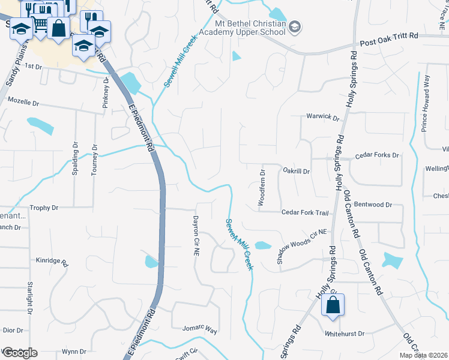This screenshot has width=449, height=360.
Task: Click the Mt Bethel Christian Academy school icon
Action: (295, 26)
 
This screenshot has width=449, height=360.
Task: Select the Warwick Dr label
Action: (323, 117)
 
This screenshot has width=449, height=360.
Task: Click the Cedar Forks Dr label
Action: (377, 155)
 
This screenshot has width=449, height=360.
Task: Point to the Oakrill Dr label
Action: (297, 171)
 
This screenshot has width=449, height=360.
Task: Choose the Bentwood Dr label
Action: (373, 205)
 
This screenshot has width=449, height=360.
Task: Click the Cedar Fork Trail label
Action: (306, 213)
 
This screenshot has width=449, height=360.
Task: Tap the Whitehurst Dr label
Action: (345, 333)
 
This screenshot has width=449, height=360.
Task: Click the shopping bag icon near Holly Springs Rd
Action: (332, 306)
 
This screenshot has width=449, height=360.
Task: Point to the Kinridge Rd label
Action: (52, 261)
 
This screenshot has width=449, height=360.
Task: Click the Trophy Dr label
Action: (44, 208)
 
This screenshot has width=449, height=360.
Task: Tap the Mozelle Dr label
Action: (22, 103)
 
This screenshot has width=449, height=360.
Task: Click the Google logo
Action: (19, 352)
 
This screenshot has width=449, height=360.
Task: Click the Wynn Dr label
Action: (74, 352)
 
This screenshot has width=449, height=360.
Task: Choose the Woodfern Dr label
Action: (262, 187)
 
